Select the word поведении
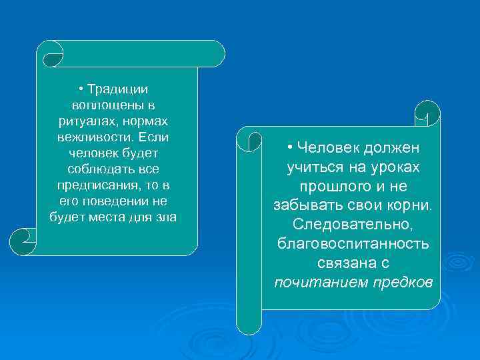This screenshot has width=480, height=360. pos(112,201)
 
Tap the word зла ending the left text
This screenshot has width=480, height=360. pos(167,217)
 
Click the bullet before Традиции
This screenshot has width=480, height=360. pos(79,90)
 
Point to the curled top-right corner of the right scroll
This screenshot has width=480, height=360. pos(427,113)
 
